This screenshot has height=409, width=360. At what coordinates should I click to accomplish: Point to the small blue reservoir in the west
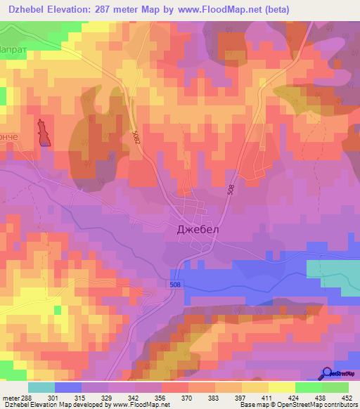click(x=44, y=133)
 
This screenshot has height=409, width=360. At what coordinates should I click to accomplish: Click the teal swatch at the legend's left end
click(x=41, y=387)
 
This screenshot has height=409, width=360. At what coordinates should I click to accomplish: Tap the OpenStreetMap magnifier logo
click(x=327, y=373)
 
